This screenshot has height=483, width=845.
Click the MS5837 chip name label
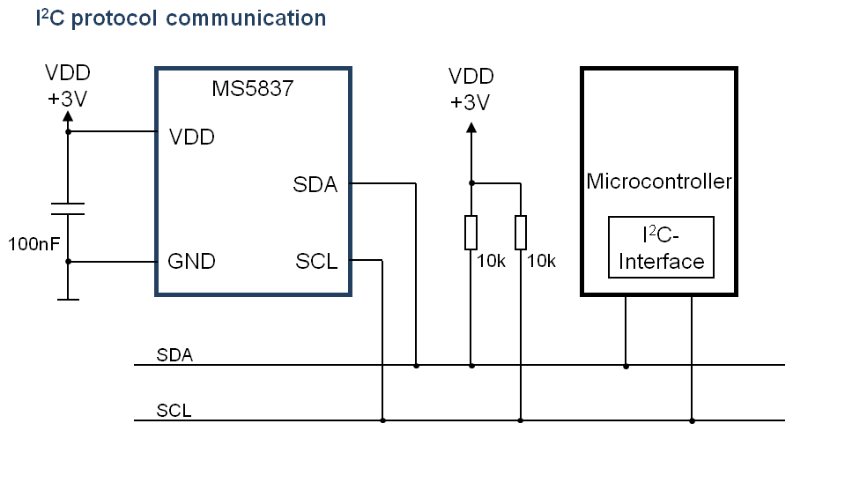(x=252, y=88)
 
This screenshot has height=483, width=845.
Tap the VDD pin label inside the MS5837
(x=192, y=137)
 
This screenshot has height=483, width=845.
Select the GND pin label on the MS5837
(x=191, y=262)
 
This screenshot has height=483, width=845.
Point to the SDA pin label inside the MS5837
(x=315, y=184)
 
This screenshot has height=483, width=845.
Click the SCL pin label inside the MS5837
(x=316, y=262)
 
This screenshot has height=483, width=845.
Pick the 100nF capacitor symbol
(x=68, y=209)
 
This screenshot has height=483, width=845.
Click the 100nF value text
(x=34, y=244)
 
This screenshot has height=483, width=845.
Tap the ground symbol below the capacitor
(x=68, y=299)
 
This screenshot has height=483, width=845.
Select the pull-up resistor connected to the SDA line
(x=471, y=233)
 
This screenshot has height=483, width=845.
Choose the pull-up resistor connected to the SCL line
(x=521, y=233)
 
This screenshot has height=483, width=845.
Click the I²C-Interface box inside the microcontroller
(x=661, y=248)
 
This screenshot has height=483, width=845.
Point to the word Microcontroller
(x=659, y=182)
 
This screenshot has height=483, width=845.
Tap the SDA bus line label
(x=174, y=355)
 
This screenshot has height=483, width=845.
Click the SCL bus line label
(x=174, y=411)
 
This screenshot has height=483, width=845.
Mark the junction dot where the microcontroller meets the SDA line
(x=626, y=366)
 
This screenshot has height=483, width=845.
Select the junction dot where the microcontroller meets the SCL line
(x=692, y=420)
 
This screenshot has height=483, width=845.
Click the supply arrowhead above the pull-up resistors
(x=471, y=128)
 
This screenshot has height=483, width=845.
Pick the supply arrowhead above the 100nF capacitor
(x=68, y=116)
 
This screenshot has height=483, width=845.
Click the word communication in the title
(x=246, y=19)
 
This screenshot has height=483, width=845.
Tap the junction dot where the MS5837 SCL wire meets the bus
(x=382, y=420)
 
